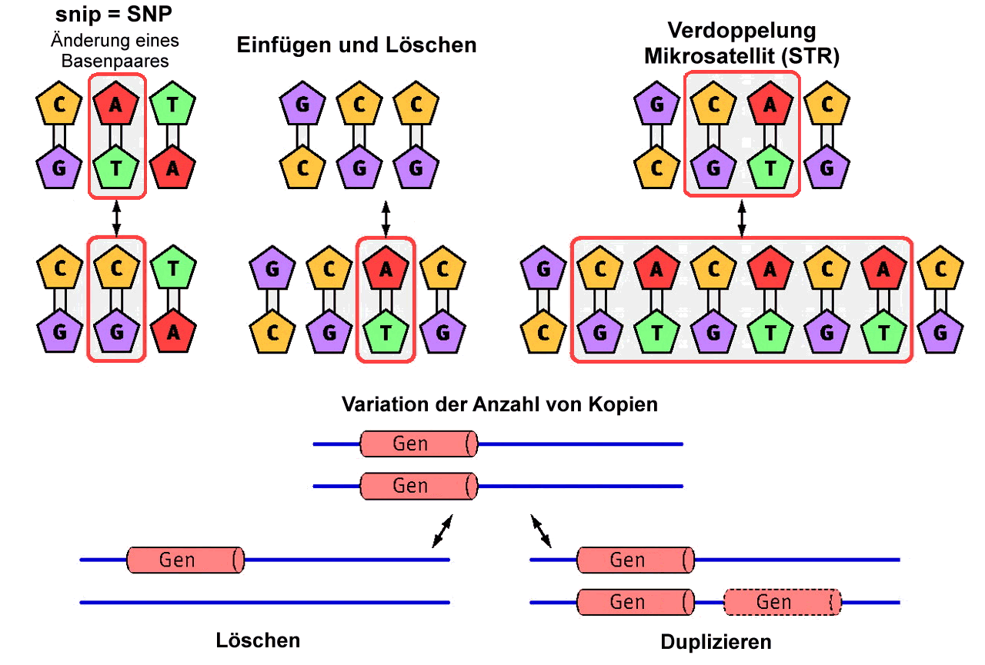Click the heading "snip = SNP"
pos(114,14)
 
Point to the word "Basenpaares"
pos(115,59)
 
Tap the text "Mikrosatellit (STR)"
pos(742,56)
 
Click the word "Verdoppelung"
pos(742,31)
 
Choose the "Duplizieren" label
pos(716,641)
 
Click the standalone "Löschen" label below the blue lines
pos(259,640)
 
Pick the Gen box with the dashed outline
pos(782,602)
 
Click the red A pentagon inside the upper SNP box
pos(116,105)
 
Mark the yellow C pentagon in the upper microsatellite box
pos(713,105)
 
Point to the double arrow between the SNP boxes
pos(116,218)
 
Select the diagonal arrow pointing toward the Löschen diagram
pos(442,531)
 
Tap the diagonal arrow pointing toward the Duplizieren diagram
pos(541,531)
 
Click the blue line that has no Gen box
pos(265,602)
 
